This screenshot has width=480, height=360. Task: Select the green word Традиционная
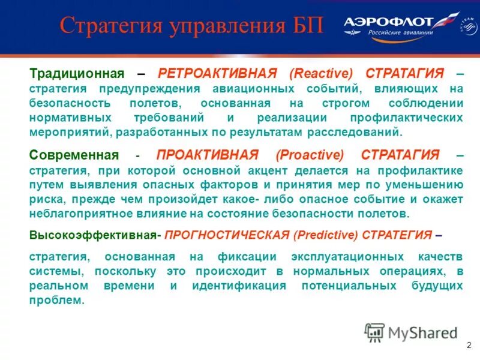click(77, 73)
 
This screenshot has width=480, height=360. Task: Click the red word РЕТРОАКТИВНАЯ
click(217, 73)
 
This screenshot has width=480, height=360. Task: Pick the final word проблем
click(56, 300)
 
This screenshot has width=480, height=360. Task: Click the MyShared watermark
click(411, 332)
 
